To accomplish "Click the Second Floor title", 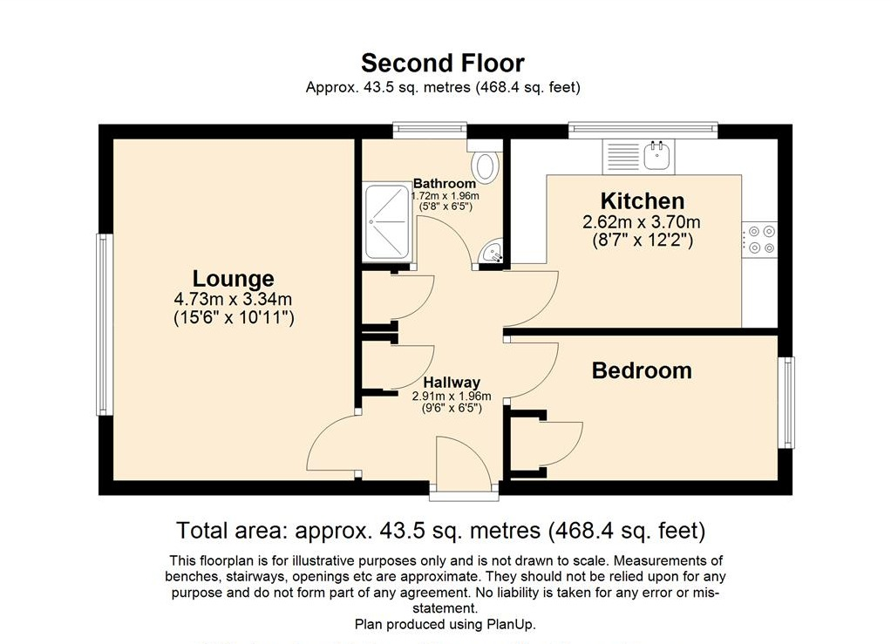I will click(443, 63).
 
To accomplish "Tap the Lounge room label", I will click(233, 279).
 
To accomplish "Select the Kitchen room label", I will click(642, 201).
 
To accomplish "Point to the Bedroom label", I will click(642, 370).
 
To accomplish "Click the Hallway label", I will click(452, 382).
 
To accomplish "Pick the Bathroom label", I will click(445, 183).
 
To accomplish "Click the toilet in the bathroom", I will click(484, 165).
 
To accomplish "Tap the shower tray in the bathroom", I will click(386, 220).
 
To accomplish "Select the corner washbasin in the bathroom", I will click(493, 254).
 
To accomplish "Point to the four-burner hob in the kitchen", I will click(759, 240).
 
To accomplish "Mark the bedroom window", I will click(789, 402).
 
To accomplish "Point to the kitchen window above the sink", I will click(644, 131).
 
